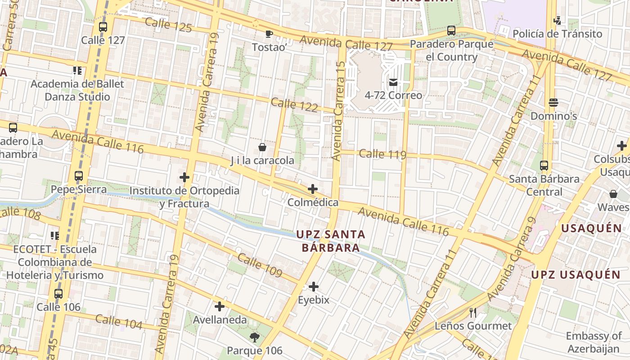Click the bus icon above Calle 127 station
(x=103, y=27)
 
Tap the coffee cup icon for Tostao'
(x=269, y=34)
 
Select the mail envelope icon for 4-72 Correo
(x=393, y=82)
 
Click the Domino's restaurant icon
(x=553, y=103)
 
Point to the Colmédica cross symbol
(x=313, y=189)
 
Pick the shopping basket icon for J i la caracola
(x=262, y=147)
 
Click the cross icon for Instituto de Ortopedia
(x=184, y=177)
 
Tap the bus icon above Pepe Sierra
(x=79, y=176)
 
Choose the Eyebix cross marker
(x=314, y=287)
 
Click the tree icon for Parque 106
(x=255, y=337)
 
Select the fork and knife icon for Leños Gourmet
(x=472, y=312)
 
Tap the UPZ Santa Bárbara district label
(x=331, y=241)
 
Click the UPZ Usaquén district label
(x=576, y=274)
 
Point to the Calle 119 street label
(x=382, y=154)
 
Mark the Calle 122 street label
(x=294, y=105)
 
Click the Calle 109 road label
(x=259, y=265)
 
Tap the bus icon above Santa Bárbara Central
(x=544, y=166)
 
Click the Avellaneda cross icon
(x=220, y=307)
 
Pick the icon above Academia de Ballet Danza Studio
(x=77, y=71)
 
